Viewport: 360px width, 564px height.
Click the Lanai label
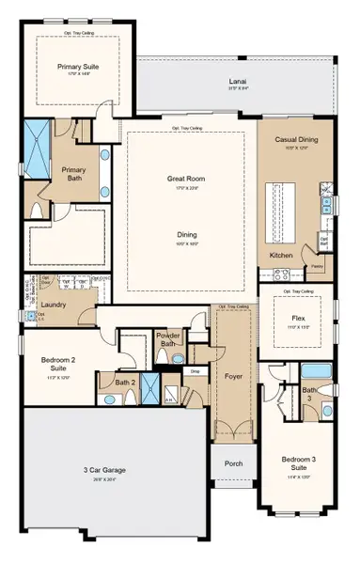(238, 83)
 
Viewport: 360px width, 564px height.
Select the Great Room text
(190, 178)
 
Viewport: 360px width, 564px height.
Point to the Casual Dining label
(294, 139)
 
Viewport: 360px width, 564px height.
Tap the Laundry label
(53, 305)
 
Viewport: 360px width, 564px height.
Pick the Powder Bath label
(169, 339)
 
